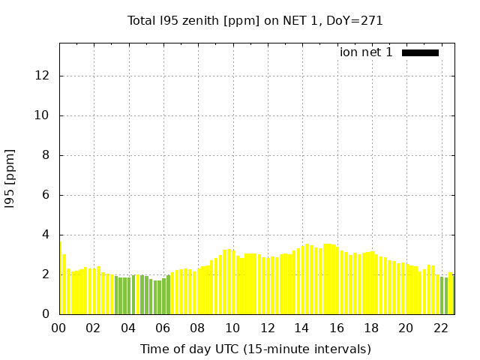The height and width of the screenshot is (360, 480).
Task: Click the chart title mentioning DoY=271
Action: tap(255, 21)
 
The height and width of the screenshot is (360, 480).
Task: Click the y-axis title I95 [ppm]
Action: tap(10, 178)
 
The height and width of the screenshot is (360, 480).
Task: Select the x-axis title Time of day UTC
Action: tap(255, 349)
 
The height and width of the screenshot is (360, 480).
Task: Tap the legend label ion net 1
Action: tap(366, 52)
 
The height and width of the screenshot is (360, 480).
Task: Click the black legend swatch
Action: tap(420, 52)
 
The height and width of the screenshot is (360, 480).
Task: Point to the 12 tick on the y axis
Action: tap(43, 76)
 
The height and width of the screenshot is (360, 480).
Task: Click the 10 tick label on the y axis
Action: tap(43, 115)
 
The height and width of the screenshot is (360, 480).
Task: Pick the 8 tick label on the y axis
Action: tap(46, 155)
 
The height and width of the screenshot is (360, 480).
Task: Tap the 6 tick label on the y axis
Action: tap(46, 195)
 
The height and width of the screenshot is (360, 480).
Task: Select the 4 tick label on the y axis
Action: tap(46, 235)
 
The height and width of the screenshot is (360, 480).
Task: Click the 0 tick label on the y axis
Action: tap(46, 314)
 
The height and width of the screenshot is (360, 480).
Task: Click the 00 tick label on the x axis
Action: tap(58, 328)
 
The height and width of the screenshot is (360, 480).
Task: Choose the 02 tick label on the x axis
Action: tap(93, 328)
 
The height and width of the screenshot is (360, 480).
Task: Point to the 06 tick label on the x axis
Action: tap(163, 328)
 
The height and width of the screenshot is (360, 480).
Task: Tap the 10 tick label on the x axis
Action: tap(232, 328)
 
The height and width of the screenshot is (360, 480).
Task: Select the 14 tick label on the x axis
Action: tap(301, 328)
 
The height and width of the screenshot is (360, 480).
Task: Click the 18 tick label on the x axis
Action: tap(370, 328)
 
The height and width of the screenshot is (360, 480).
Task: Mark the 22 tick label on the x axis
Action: tap(440, 328)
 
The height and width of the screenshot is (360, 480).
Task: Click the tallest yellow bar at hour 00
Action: tap(60, 277)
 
